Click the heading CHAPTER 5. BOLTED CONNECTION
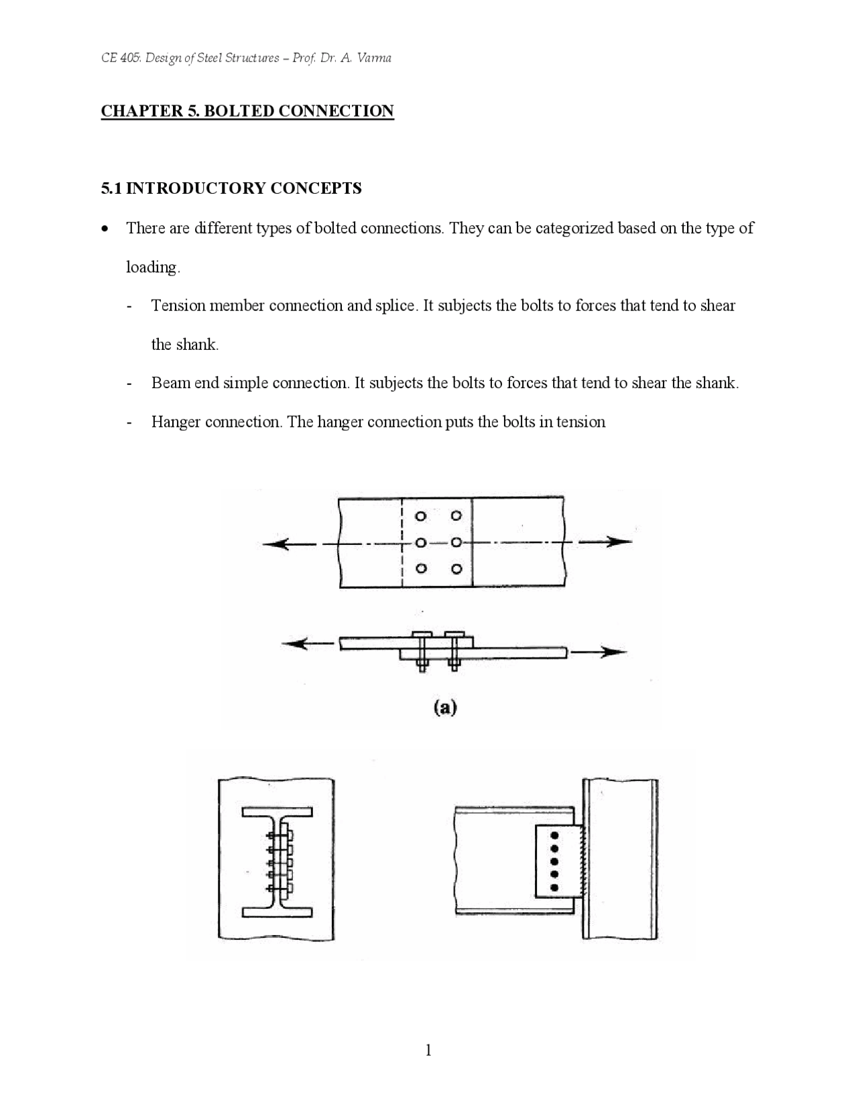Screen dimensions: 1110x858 coord(247,111)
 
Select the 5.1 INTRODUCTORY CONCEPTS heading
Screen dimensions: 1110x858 coord(231,188)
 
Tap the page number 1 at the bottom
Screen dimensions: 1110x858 coord(428,1050)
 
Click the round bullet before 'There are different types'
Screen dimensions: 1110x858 coord(104,229)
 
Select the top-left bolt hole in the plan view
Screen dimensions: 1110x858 coord(421,516)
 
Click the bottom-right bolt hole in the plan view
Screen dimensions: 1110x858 coord(456,569)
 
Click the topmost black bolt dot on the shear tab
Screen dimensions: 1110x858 coord(554,835)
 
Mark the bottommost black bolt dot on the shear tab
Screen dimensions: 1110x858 coord(554,887)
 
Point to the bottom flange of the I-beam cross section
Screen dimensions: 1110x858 coord(277,912)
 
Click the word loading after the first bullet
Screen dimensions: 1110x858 coord(153,267)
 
